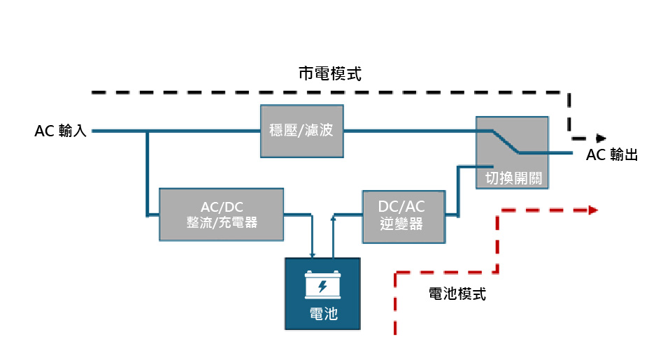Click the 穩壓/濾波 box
(302, 131)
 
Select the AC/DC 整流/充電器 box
(222, 215)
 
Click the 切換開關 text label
(513, 178)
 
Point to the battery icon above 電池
(322, 285)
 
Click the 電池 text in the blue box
(322, 314)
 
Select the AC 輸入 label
(60, 131)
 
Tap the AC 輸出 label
(612, 155)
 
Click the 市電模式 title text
(329, 73)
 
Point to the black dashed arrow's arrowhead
(600, 138)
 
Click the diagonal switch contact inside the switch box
(504, 141)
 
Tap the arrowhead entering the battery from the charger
(313, 255)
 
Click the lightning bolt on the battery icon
(322, 287)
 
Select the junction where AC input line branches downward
(148, 131)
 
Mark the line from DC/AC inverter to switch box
(457, 189)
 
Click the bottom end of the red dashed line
(396, 332)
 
